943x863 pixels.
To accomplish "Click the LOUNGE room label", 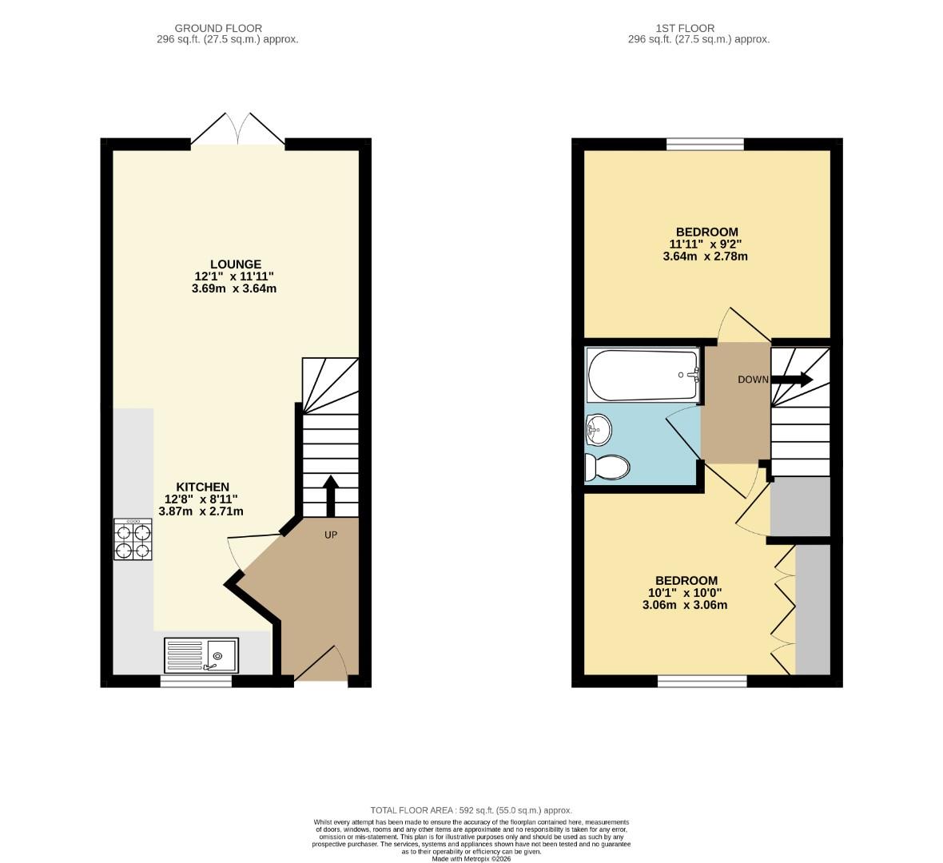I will (235, 264).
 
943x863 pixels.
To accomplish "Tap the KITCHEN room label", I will (203, 487).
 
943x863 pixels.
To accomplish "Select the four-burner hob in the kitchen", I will (133, 540).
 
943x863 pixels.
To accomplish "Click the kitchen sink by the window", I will (201, 655).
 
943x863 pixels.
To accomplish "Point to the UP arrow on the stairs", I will (329, 495).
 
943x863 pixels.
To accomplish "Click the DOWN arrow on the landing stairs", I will (792, 380).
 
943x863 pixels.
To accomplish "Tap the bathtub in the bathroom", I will (643, 376).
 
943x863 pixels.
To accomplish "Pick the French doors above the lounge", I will (237, 129).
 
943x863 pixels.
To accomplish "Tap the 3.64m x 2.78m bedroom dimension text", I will (705, 257).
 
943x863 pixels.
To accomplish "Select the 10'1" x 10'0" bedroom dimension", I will (686, 593).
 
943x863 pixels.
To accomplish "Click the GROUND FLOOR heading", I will (218, 28).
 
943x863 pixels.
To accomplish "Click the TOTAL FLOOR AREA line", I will (471, 809).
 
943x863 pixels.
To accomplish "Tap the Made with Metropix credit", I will (471, 859).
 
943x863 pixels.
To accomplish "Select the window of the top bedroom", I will (705, 144).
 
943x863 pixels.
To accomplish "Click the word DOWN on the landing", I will (752, 380).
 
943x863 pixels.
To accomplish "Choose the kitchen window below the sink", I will (196, 681).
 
